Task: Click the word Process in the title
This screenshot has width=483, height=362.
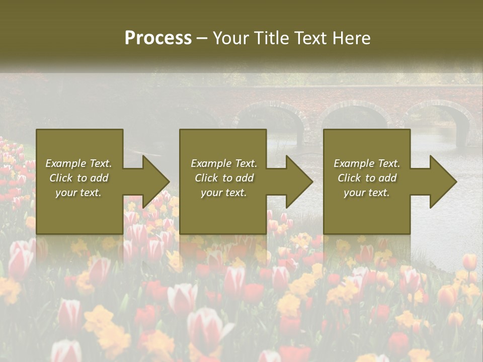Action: (x=158, y=38)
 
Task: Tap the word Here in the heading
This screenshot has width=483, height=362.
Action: (x=352, y=38)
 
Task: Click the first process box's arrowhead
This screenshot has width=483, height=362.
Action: (x=156, y=182)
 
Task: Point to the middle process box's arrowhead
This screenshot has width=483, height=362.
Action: (x=299, y=182)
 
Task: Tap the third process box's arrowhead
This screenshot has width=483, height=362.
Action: (x=443, y=182)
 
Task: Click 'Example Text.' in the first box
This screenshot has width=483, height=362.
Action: (x=78, y=163)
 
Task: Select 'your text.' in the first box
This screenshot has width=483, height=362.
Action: (x=78, y=193)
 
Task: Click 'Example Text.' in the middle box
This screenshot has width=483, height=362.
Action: (x=224, y=163)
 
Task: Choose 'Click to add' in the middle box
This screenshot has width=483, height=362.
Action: (x=224, y=178)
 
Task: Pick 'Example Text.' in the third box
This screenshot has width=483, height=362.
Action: (x=367, y=163)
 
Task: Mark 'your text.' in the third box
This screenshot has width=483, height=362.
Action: (x=367, y=193)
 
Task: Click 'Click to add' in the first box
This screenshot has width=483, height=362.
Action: (x=78, y=178)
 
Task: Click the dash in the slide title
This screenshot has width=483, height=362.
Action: (x=202, y=39)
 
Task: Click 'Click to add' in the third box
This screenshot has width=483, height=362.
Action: (x=367, y=178)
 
